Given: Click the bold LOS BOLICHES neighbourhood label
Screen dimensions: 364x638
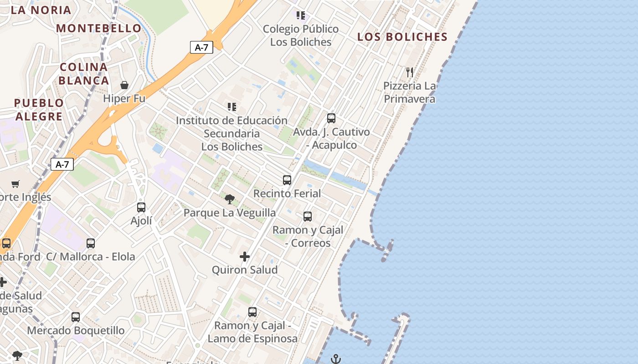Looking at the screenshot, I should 402,37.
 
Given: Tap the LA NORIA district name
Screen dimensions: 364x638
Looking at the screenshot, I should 41,10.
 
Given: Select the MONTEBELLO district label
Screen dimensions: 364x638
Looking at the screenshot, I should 99,28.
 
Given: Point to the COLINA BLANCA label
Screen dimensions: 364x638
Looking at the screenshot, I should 84,74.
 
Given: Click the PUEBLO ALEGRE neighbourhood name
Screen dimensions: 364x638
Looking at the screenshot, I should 39,110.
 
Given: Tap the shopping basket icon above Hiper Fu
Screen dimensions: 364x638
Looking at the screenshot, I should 124,85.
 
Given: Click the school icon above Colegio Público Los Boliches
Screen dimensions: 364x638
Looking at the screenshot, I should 300,16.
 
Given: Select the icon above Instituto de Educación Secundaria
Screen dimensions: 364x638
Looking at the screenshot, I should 232,107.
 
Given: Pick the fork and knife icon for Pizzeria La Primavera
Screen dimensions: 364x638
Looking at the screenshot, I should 410,72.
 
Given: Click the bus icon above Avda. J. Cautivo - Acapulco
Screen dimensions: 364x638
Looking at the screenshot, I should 331,118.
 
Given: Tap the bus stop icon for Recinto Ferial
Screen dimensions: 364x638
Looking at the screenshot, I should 287,180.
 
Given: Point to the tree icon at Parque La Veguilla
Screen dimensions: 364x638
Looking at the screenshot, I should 230,199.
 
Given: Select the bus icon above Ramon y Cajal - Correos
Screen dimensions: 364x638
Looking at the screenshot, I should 308,216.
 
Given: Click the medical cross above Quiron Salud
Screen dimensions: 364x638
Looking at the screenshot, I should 245,257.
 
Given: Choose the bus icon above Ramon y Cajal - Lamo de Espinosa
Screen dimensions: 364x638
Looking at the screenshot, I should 252,312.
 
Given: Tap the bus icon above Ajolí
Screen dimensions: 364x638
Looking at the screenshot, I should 141,207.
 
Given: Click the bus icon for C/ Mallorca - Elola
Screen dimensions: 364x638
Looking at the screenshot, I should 91,243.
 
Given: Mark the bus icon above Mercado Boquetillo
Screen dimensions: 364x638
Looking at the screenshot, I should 76,317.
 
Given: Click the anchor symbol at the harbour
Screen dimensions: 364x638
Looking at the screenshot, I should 335,359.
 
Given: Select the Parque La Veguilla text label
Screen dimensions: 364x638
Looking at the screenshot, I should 230,212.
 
